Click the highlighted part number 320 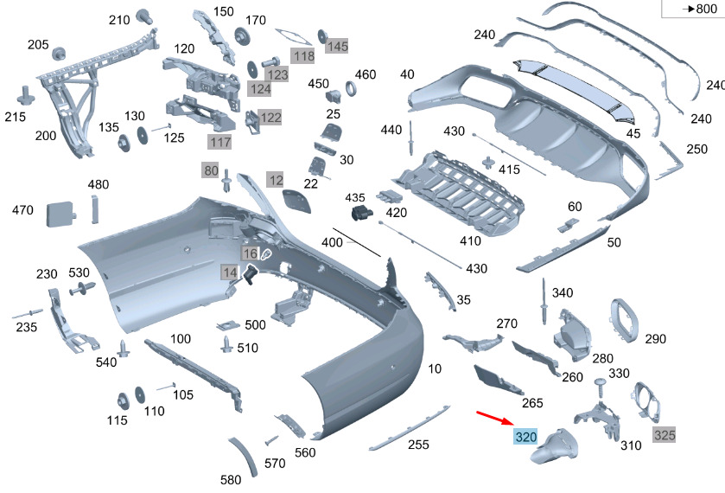coord(525,437)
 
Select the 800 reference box coord(692,9)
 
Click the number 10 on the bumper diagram coord(434,368)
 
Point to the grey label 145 coord(336,45)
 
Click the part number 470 coord(23,209)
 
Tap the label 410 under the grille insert coord(470,240)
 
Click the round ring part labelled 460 coord(353,90)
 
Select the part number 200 coord(45,136)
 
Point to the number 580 coord(230,480)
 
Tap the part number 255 coord(419,444)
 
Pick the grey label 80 coord(211,170)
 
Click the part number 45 coord(633,133)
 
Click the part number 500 coord(255,325)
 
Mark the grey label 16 coord(250,253)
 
